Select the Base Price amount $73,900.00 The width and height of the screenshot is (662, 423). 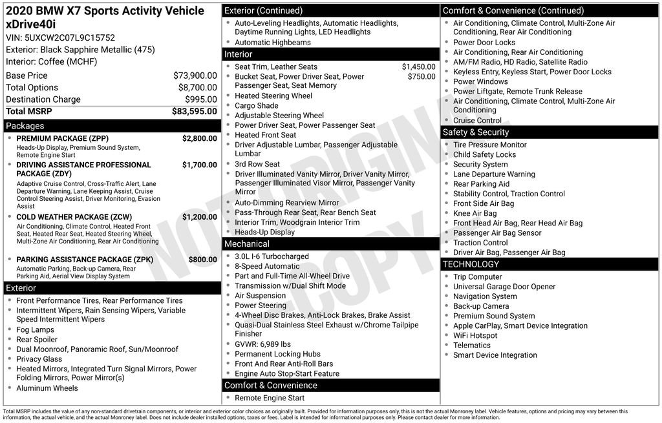click(195, 76)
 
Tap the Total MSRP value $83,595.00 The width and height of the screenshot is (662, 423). click(194, 111)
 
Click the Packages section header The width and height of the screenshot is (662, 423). click(25, 126)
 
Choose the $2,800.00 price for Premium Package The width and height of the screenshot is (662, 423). click(199, 139)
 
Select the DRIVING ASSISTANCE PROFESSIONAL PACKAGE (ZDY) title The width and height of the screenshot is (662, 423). click(83, 169)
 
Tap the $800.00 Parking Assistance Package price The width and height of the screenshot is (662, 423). click(202, 260)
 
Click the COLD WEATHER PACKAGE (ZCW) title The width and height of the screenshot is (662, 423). click(74, 218)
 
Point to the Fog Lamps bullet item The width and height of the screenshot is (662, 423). click(35, 329)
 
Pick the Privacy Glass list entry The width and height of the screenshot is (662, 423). click(39, 359)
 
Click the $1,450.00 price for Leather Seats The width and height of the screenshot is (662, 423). click(418, 67)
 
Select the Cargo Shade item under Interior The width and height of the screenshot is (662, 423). click(256, 105)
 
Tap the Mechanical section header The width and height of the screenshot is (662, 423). click(246, 244)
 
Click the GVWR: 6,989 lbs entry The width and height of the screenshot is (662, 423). click(262, 344)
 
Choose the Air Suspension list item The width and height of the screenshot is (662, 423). click(261, 295)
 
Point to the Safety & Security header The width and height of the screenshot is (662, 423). click(476, 132)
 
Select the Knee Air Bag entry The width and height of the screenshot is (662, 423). click(475, 213)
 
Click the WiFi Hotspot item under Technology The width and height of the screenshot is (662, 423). click(475, 335)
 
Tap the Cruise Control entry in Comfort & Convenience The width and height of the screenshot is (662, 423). click(477, 120)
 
